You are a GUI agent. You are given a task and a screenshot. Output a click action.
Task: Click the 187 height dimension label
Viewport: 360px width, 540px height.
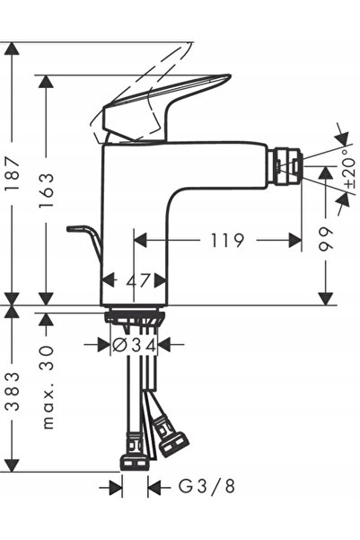pos(13,174)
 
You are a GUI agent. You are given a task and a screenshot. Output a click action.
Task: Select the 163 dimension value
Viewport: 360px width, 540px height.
pos(46,190)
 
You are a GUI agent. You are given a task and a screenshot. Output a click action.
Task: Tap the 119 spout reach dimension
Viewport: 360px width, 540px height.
pos(227,240)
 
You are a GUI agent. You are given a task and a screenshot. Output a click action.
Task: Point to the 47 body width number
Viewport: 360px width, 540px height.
pos(138,280)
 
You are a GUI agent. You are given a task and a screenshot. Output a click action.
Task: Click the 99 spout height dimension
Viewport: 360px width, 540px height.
pos(325,239)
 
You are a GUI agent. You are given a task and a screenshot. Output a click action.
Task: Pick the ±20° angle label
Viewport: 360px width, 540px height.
pos(349,169)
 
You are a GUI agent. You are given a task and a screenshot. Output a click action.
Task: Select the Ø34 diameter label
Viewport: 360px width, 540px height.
pos(135,345)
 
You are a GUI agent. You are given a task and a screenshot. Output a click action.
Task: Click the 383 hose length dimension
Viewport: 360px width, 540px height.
pos(13,391)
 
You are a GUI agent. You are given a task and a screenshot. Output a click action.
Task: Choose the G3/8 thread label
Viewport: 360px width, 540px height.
pos(206,487)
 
